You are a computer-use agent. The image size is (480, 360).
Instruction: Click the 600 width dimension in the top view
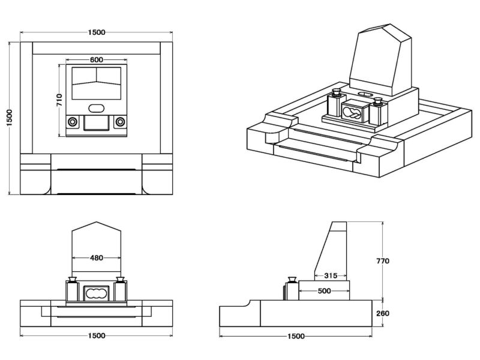(96, 59)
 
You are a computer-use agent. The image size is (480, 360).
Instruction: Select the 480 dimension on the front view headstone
(97, 258)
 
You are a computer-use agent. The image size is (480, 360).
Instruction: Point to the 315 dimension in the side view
(330, 276)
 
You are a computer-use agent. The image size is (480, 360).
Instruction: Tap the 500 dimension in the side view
(324, 291)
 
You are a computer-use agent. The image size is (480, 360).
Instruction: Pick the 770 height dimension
(383, 261)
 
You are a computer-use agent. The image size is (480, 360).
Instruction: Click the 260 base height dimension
(383, 313)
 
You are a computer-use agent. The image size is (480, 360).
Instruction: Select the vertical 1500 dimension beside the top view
(9, 118)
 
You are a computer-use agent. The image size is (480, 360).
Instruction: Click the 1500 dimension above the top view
(97, 32)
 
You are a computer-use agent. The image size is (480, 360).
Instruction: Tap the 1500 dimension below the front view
(97, 335)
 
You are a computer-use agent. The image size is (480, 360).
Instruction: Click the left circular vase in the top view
(72, 121)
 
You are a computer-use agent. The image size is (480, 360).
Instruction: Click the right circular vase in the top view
(121, 121)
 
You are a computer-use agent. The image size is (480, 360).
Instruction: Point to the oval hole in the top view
(96, 108)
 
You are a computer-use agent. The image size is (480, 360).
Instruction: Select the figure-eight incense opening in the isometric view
(353, 112)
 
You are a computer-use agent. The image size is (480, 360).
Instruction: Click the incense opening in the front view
(96, 293)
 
